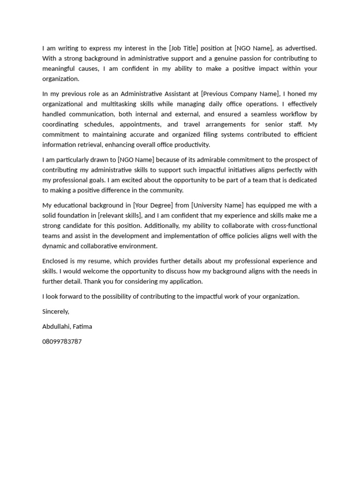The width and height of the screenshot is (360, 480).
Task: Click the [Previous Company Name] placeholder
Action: pos(240,94)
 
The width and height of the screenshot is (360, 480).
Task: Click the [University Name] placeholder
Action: pos(217,205)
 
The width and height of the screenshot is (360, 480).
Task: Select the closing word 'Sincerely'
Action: pos(56,311)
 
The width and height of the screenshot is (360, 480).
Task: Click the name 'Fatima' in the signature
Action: pos(82,327)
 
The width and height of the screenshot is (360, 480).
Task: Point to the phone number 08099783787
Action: pos(62,342)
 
